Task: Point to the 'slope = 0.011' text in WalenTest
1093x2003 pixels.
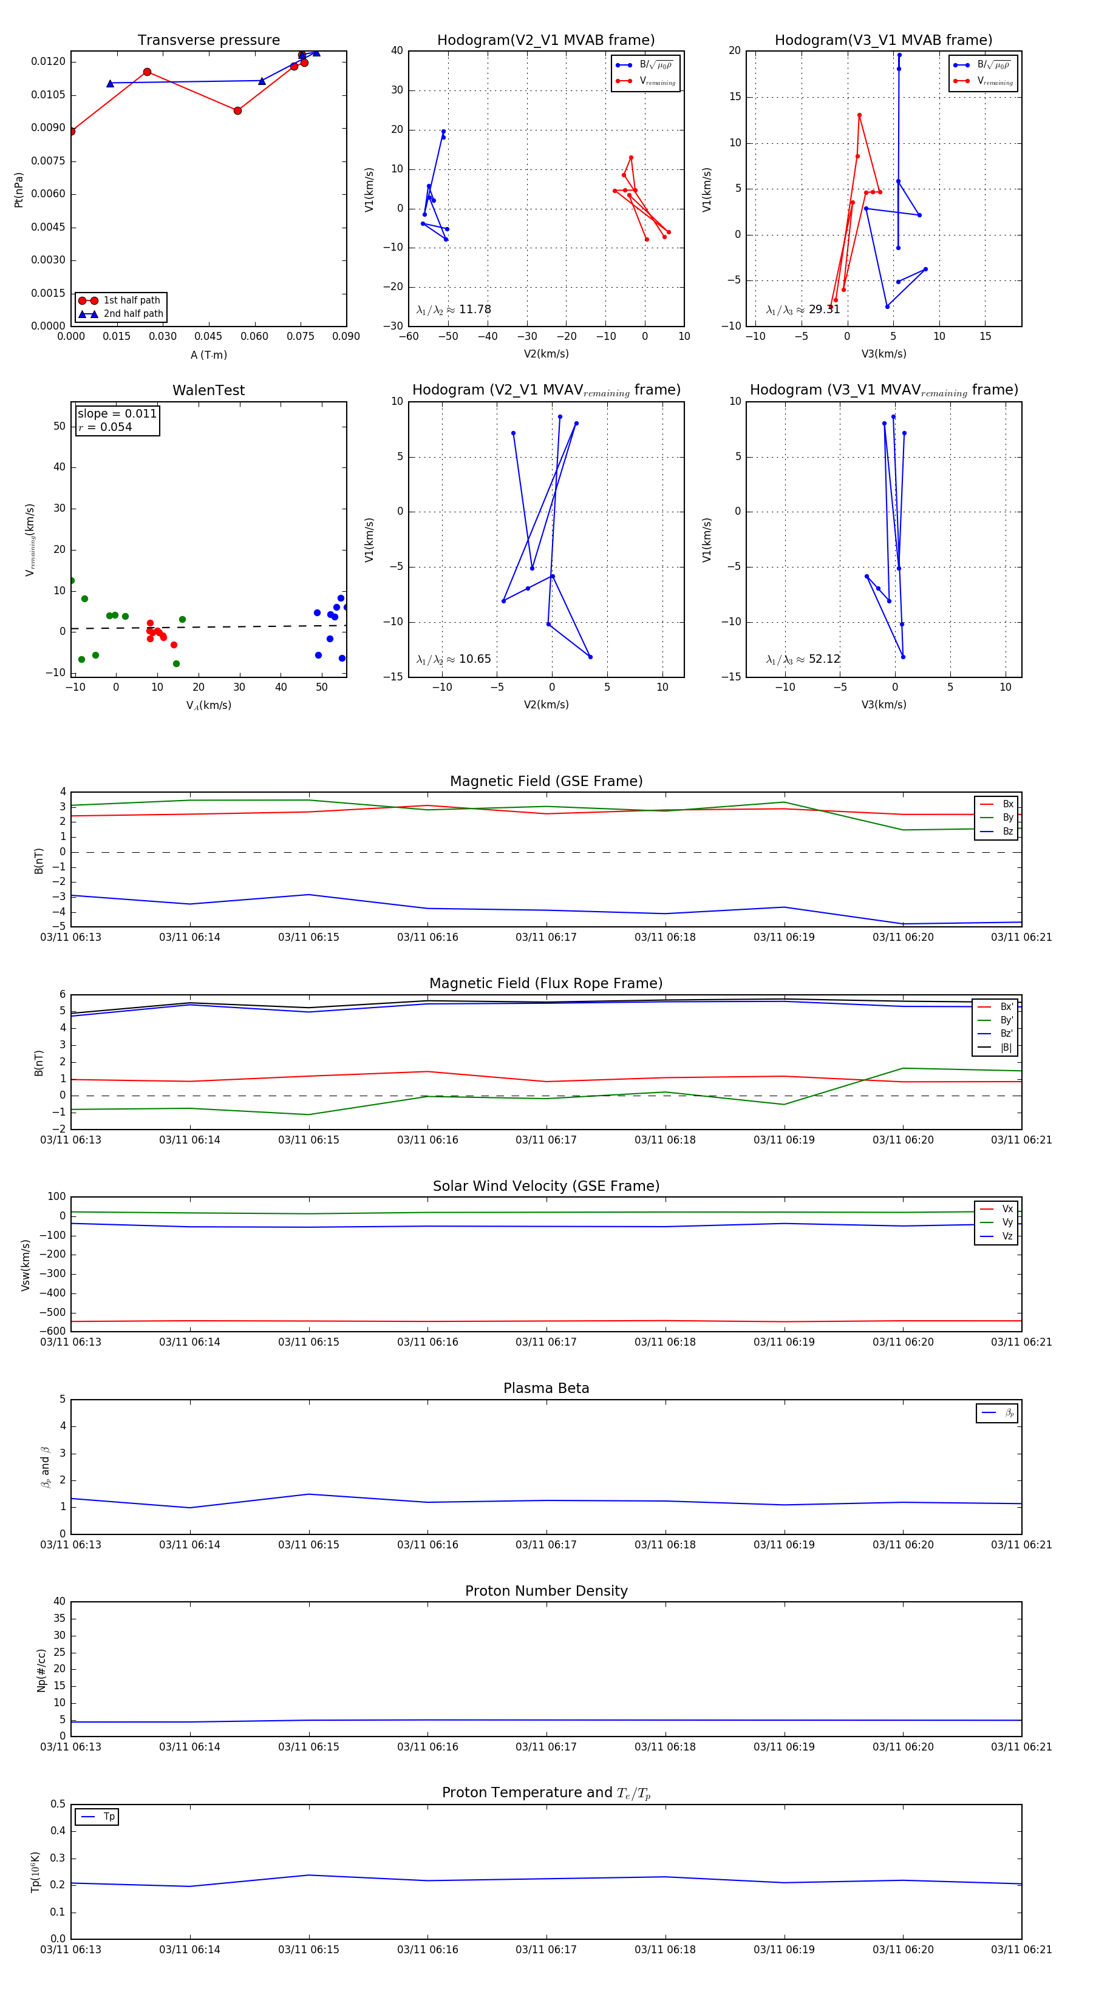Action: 117,414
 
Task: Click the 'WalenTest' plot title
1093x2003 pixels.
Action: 208,390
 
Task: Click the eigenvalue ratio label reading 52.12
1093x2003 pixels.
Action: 803,659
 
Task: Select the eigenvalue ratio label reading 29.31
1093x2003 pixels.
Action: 803,310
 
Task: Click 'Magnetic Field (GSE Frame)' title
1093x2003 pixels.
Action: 546,781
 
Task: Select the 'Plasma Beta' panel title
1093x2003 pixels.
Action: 546,1389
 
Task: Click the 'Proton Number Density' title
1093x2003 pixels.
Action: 546,1591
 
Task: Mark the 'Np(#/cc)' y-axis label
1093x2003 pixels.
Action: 41,1671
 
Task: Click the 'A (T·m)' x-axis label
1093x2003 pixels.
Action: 208,355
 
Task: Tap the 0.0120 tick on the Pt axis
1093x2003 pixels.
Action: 48,61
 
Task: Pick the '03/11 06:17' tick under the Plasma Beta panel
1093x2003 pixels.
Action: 546,1545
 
